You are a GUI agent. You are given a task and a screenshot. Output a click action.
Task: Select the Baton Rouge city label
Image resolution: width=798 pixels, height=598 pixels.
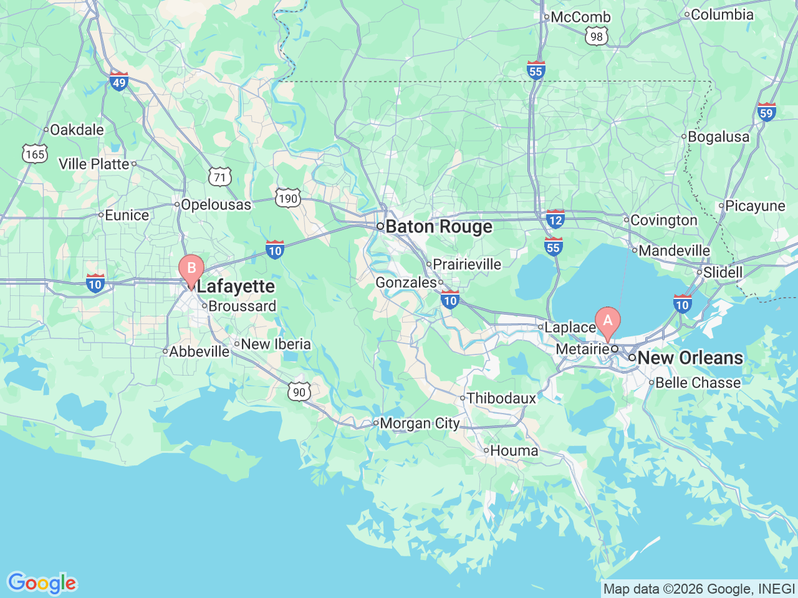[x=438, y=227]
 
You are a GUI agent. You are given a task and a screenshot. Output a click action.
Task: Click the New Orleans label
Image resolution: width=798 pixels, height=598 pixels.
[x=690, y=358]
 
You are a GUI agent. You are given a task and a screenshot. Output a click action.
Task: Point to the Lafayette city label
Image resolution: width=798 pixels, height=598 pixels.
[x=235, y=287]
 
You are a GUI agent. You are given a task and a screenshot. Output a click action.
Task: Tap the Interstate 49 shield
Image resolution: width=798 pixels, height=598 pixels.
[x=118, y=81]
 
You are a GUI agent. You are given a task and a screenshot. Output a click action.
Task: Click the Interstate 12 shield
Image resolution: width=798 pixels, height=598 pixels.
[x=555, y=219]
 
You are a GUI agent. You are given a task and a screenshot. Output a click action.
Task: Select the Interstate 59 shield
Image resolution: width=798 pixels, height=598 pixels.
[x=766, y=112]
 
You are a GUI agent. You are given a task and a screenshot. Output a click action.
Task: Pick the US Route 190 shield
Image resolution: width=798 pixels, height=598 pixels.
[x=287, y=199]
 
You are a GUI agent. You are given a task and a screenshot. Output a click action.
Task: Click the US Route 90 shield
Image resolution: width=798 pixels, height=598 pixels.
[x=299, y=391]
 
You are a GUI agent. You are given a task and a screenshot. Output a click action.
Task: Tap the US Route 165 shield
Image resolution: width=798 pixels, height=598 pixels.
[x=35, y=154]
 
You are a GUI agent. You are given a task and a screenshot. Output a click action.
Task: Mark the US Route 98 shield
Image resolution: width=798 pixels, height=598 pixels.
[x=597, y=37]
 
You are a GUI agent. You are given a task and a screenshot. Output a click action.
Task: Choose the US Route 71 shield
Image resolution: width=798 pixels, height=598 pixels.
[x=219, y=178]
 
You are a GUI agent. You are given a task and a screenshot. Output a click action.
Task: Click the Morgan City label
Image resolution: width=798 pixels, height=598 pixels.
[x=419, y=424]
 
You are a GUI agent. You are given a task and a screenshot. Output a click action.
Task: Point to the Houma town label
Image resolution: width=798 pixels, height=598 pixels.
[x=514, y=450]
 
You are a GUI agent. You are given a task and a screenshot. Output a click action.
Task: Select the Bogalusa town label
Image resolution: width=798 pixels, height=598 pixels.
[x=718, y=137]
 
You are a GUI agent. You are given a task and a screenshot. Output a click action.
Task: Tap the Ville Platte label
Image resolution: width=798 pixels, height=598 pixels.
[x=94, y=164]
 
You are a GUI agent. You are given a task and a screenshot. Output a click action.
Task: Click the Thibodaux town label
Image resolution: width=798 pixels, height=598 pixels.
[x=501, y=398]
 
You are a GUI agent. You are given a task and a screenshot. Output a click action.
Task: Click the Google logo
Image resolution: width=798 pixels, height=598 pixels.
[x=41, y=584]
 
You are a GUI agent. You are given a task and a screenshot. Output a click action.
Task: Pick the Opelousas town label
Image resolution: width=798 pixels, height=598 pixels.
[x=216, y=204]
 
